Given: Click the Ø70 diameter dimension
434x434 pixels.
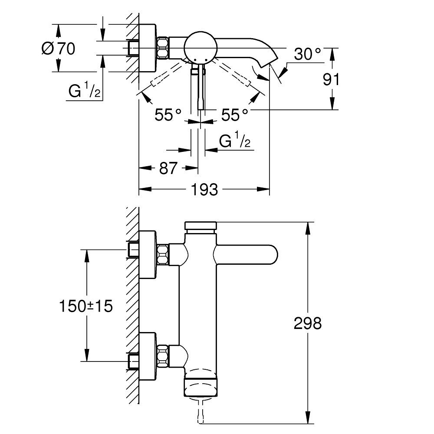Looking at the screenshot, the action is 59,49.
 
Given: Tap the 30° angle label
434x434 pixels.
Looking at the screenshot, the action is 308,54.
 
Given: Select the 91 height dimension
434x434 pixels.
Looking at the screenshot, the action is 331,79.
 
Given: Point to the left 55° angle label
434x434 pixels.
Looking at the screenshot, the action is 168,114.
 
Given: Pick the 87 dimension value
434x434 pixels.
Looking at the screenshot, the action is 168,168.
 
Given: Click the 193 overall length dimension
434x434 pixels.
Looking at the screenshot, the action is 204,190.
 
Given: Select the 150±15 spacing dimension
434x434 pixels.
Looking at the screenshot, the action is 86,306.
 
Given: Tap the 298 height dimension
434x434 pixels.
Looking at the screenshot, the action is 308,323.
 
